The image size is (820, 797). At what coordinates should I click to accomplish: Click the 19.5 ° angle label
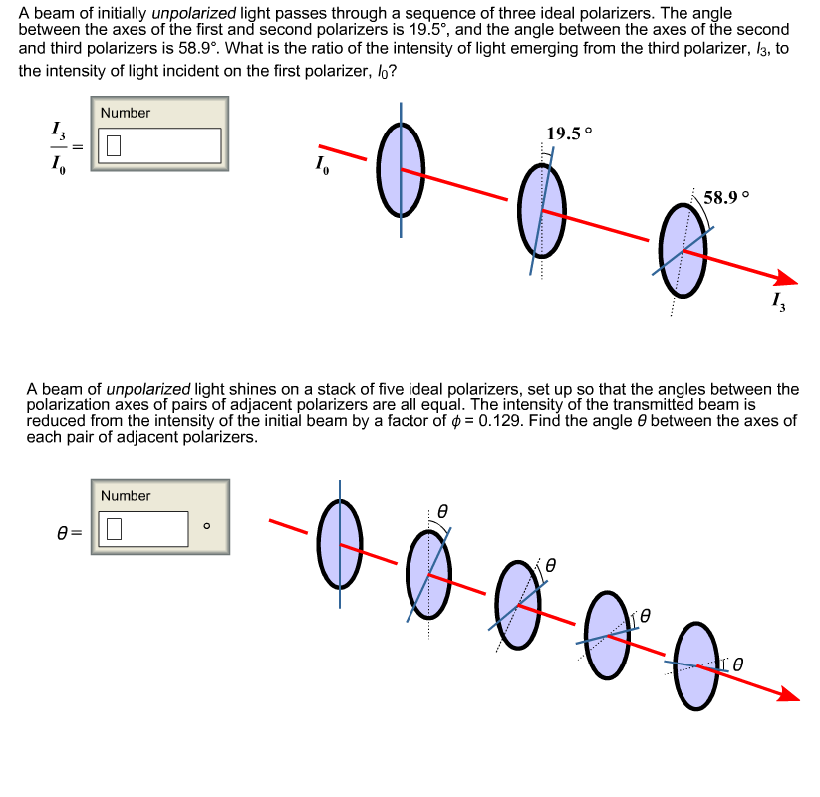point(569,133)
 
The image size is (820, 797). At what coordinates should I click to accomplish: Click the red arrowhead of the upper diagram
point(787,280)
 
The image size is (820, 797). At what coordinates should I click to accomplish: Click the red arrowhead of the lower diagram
point(788,694)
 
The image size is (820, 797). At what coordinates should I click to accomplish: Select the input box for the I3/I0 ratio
point(158,145)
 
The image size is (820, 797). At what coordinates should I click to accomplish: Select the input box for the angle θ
point(143,529)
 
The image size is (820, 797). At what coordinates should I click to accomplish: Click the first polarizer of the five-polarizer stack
point(339,543)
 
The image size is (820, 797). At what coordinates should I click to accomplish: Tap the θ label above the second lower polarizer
point(444,510)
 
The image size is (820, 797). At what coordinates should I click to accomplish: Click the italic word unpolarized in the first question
point(188,14)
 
